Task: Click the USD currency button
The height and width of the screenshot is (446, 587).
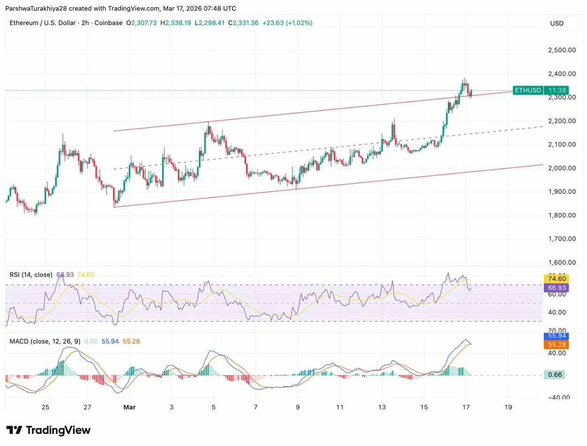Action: point(557,23)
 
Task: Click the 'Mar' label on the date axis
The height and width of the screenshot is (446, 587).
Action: point(129,407)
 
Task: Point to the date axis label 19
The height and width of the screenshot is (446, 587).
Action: point(508,407)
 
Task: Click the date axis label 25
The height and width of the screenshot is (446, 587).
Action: point(45,407)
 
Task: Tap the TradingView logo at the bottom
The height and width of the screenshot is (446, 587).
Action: point(48,430)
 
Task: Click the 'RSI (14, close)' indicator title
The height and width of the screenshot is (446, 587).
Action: point(31,275)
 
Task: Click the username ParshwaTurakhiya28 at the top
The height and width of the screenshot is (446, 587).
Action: point(35,8)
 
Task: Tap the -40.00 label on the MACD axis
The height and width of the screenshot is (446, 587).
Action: point(562,397)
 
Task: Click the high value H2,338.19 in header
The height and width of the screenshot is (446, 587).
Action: point(175,22)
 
